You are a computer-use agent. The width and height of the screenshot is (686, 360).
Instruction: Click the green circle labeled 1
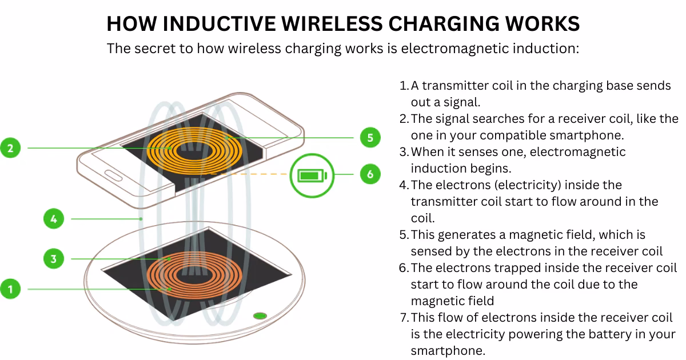click(10, 289)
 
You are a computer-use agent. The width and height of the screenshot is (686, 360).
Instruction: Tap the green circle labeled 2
click(10, 148)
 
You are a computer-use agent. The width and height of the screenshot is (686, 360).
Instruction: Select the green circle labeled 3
click(53, 259)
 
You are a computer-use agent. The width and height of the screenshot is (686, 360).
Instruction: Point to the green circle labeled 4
click(53, 218)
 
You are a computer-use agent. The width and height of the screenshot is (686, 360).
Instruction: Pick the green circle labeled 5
click(370, 138)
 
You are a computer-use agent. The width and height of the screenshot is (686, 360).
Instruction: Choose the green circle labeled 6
click(370, 174)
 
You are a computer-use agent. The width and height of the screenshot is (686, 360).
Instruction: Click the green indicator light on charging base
click(260, 315)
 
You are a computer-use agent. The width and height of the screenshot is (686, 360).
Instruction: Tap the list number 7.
click(403, 317)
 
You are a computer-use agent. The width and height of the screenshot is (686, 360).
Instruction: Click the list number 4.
click(403, 185)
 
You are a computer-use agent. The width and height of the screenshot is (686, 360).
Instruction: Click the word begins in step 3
click(489, 169)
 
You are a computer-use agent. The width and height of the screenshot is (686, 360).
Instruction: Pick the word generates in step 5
click(472, 235)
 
